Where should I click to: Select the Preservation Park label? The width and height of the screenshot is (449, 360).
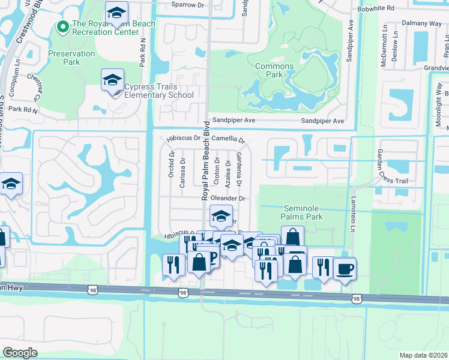(x=71, y=58)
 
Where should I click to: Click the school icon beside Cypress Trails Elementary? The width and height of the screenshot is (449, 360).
(x=112, y=81)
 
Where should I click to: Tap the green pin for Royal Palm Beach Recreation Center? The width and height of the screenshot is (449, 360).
(x=62, y=27)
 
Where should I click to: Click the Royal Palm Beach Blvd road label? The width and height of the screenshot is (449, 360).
(x=205, y=160)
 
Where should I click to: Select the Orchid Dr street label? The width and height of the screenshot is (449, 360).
(x=172, y=164)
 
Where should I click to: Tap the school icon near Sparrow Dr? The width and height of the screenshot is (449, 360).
(x=116, y=12)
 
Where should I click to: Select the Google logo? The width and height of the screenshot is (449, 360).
(x=20, y=353)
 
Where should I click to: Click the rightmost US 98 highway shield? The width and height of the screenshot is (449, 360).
(x=357, y=298)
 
